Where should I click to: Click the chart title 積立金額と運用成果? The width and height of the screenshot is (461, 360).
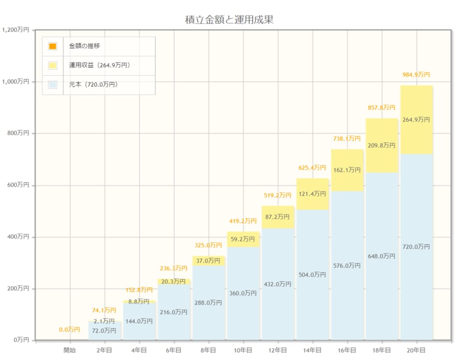[x=229, y=20]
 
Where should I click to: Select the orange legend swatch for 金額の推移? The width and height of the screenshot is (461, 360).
[x=52, y=46]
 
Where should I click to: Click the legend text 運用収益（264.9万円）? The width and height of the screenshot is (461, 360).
[x=100, y=66]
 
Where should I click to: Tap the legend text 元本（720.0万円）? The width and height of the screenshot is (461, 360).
[x=93, y=85]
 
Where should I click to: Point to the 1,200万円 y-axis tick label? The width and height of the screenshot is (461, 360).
[x=15, y=30]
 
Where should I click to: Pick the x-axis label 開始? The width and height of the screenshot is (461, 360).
[x=69, y=350]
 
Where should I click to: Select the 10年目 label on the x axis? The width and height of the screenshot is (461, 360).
[x=243, y=350]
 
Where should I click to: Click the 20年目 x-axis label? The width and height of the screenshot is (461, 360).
[x=416, y=350]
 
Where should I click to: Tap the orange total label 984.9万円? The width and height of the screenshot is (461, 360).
[x=416, y=75]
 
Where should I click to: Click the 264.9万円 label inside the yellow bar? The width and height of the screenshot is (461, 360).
[x=416, y=120]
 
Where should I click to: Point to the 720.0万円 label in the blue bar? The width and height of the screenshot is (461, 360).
[x=416, y=247]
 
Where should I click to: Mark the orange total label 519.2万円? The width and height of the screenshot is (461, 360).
[x=278, y=195]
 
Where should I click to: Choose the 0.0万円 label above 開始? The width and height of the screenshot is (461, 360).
[x=69, y=330]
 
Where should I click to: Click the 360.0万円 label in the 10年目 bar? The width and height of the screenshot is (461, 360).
[x=243, y=293]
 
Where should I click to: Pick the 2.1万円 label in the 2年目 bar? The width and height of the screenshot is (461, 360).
[x=104, y=321]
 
